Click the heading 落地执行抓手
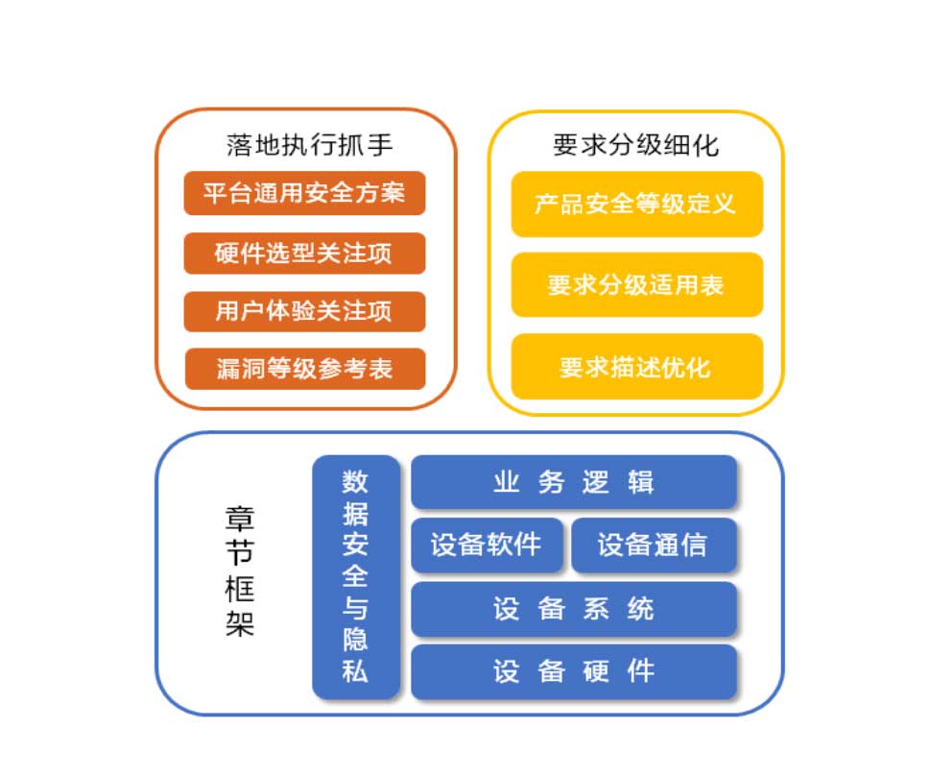click(309, 145)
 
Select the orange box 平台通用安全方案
click(304, 193)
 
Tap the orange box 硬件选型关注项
click(304, 254)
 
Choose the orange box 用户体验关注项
click(304, 311)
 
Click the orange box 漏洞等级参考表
click(305, 369)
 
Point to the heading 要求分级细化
click(635, 145)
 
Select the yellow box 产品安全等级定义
click(637, 204)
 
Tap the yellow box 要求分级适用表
click(637, 284)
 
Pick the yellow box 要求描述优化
click(637, 366)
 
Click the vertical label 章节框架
click(240, 571)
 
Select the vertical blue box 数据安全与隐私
click(355, 577)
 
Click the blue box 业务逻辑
click(574, 482)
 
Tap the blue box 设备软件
click(487, 545)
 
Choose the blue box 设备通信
click(654, 545)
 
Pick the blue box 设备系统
click(574, 609)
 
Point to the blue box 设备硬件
click(574, 671)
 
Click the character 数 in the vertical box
click(355, 481)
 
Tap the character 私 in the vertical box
click(355, 671)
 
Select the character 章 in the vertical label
click(240, 520)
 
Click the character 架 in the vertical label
click(240, 623)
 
